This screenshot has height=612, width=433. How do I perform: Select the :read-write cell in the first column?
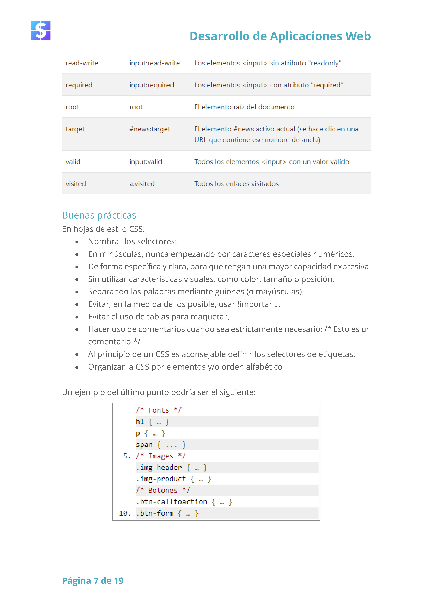coord(81,63)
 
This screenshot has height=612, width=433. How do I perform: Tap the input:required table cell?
coord(152,85)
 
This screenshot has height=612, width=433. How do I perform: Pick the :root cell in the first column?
coord(71,107)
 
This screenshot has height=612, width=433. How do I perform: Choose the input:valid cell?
coord(146,162)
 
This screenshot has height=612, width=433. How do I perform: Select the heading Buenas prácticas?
coord(99,215)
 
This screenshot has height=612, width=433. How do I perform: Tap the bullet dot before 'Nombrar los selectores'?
coord(77,242)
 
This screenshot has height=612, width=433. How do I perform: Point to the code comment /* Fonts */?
coord(158,410)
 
